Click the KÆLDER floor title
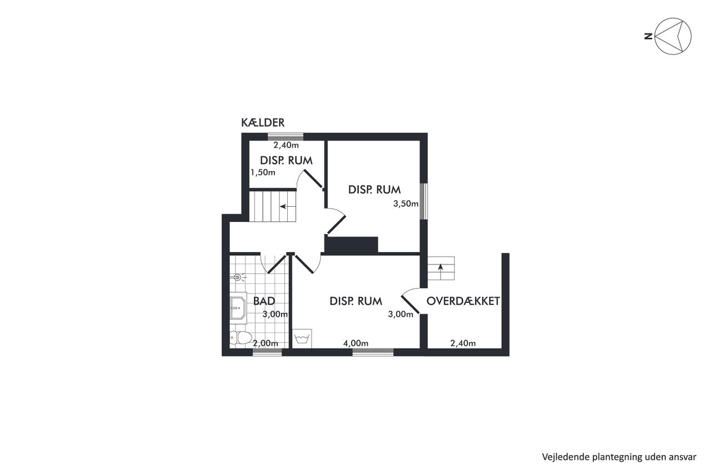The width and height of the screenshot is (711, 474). pos(263,122)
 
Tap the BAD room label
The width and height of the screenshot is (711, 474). pos(264,301)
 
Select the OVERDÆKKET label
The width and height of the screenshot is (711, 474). pos(463,301)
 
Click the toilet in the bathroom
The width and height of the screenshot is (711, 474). pos(241,337)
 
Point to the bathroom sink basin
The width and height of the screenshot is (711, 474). pos(238,308)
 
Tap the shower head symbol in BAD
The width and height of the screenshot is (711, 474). pos(238,277)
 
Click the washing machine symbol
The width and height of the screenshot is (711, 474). pos(302,338)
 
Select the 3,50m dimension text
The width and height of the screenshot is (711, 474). pos(405,203)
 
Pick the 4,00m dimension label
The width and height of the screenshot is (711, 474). pos(355,343)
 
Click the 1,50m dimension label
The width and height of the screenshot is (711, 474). pos(263,172)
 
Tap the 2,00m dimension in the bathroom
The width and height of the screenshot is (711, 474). pos(266,343)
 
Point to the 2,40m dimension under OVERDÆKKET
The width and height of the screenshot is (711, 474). pos(463,343)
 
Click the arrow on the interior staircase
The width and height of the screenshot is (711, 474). pos(288,207)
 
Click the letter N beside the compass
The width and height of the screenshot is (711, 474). pos(648,37)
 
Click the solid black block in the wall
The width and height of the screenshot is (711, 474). pos(352,245)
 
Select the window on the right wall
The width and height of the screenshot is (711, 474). pos(424,201)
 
